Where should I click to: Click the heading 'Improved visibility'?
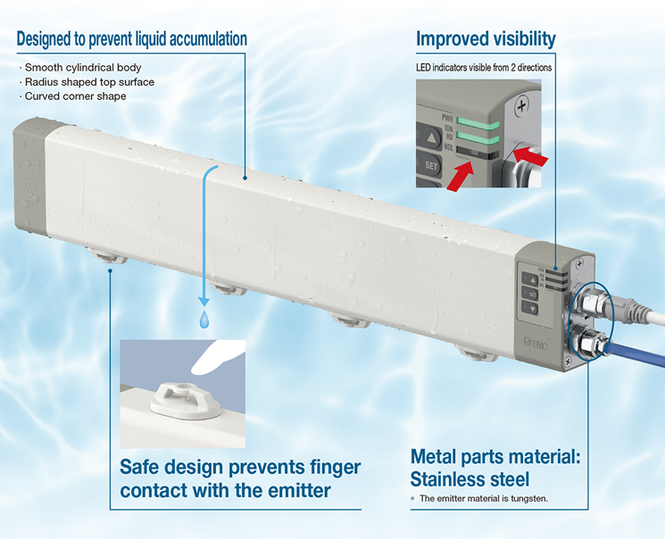[486, 38]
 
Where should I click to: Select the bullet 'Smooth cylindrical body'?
[83, 67]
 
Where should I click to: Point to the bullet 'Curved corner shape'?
[75, 95]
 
